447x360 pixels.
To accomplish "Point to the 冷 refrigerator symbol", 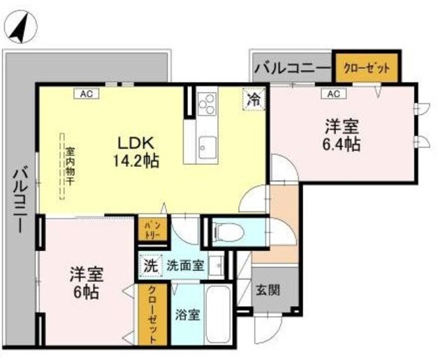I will pyautogui.click(x=254, y=100).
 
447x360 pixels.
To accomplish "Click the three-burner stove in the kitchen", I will pyautogui.click(x=207, y=105).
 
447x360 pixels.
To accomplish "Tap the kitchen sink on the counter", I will pyautogui.click(x=207, y=147).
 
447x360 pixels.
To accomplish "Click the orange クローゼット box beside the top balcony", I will pyautogui.click(x=367, y=69).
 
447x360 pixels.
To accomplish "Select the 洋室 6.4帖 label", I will pyautogui.click(x=342, y=136).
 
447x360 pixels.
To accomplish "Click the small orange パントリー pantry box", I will pyautogui.click(x=153, y=230).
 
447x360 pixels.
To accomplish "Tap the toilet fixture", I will pyautogui.click(x=228, y=231).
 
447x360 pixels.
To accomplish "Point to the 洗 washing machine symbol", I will pyautogui.click(x=150, y=265).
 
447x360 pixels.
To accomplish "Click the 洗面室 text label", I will pyautogui.click(x=184, y=265).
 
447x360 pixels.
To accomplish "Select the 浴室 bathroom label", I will pyautogui.click(x=187, y=314).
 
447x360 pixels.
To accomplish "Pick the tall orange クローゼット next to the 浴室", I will pyautogui.click(x=152, y=314).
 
